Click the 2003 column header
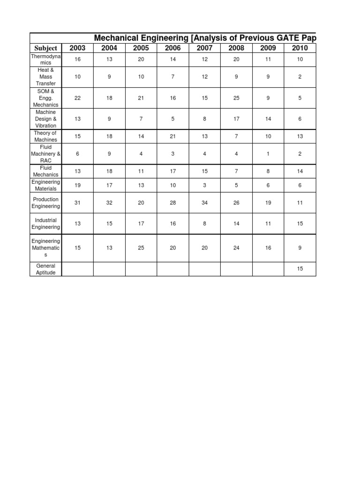(77, 48)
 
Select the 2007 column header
(204, 48)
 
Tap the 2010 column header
(300, 48)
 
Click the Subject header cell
(46, 48)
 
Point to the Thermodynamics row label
(46, 60)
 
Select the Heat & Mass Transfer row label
(46, 77)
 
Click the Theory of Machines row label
(46, 136)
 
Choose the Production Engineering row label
(46, 202)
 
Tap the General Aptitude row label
(46, 269)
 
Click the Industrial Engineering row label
(46, 224)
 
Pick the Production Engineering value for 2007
(204, 202)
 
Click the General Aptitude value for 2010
(300, 269)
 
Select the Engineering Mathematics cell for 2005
(141, 248)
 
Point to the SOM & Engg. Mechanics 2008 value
(236, 98)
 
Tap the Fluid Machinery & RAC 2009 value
(268, 154)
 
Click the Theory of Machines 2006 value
(173, 136)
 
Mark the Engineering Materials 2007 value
(204, 185)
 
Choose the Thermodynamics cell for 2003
(77, 60)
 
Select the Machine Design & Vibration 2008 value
(236, 119)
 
